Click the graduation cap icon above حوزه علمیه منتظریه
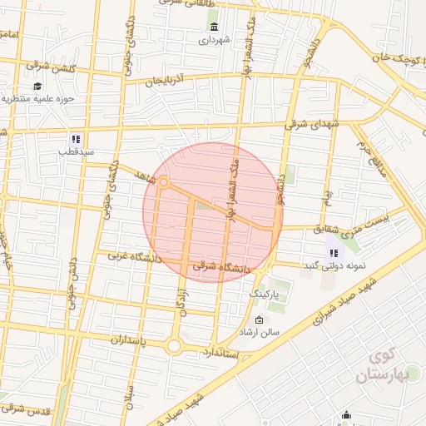(38, 86)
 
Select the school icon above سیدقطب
(75, 139)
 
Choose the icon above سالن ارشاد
(258, 320)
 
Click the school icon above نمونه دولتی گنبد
(334, 252)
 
